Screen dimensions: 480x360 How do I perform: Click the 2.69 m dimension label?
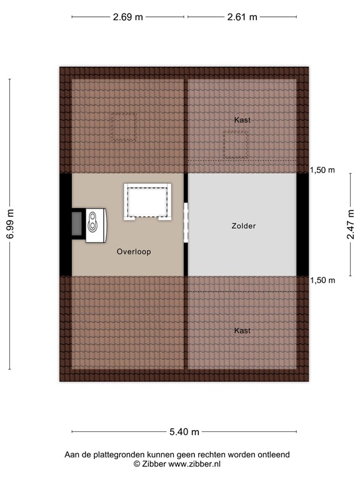tap(127, 17)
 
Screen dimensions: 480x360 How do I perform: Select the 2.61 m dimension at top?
tap(242, 17)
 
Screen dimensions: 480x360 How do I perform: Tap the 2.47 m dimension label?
tap(351, 224)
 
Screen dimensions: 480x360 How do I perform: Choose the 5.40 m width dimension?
tap(184, 431)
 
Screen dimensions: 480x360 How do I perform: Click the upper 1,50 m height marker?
tap(322, 170)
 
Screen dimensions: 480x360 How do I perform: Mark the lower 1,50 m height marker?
tap(322, 281)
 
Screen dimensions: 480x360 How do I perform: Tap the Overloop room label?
tap(134, 252)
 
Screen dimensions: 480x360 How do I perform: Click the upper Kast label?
tap(242, 119)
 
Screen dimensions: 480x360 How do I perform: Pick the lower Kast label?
tap(242, 331)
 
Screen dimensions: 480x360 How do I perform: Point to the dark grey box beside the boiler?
tap(76, 224)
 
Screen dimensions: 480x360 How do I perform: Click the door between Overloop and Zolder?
tap(186, 223)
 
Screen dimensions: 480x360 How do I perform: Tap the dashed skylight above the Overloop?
tap(123, 127)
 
